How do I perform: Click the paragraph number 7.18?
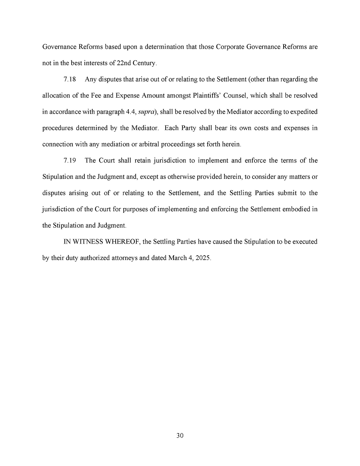(x=70, y=79)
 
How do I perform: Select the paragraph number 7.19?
(x=70, y=160)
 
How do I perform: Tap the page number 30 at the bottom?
(x=180, y=436)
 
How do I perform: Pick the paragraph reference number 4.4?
(x=131, y=112)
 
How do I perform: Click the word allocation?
(x=55, y=96)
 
